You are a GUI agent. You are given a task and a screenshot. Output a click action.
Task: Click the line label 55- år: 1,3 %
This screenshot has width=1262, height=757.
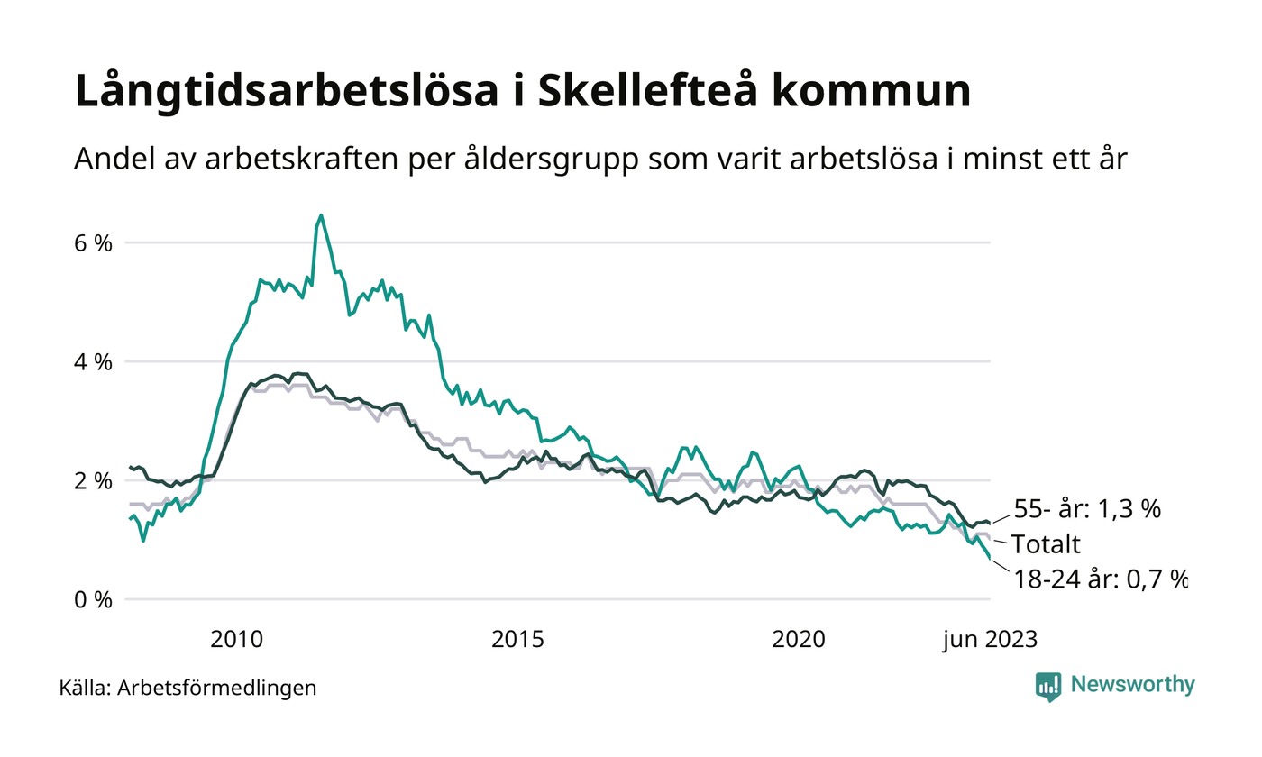click(x=1087, y=509)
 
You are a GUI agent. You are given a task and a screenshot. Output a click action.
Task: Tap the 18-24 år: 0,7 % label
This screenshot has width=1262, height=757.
click(x=1098, y=579)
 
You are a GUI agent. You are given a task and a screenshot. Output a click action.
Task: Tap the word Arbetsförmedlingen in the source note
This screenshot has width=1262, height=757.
click(x=217, y=689)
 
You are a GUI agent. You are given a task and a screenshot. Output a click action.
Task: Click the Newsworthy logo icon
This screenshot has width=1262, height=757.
click(x=1048, y=686)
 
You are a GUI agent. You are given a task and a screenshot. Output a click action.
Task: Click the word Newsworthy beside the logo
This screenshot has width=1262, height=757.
click(x=1133, y=685)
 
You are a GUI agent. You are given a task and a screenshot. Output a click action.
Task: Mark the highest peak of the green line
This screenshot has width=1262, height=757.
click(x=321, y=215)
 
